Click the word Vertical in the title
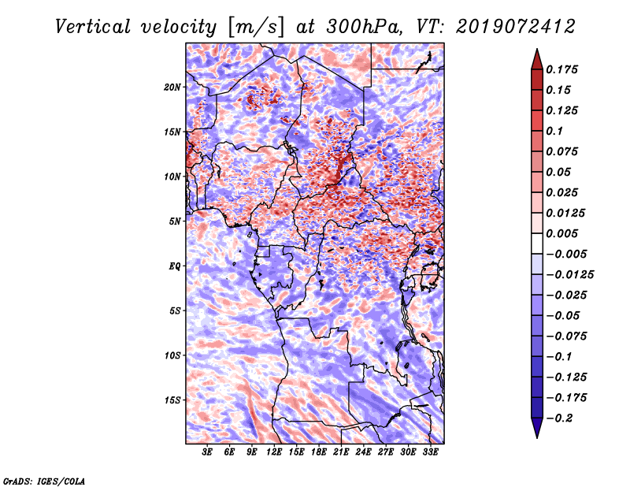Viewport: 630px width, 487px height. coord(93,27)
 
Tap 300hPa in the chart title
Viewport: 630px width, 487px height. coord(362,27)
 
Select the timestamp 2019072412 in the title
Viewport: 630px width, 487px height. coord(515,27)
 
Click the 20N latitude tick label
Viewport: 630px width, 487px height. coord(172,87)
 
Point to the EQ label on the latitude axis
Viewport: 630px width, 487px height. coord(175,266)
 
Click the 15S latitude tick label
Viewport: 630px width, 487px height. coord(172,400)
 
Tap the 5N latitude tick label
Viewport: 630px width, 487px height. coord(175,221)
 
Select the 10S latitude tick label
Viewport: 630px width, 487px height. coord(172,355)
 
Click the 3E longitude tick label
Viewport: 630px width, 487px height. coord(207,452)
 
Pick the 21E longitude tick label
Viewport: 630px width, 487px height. coord(341,452)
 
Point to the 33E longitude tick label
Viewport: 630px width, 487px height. coord(430,452)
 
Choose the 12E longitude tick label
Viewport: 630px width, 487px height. coord(273,452)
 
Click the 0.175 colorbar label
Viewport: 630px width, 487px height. coord(561,69)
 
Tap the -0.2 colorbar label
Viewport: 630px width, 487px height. coord(559,418)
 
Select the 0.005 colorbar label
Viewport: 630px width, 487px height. coord(561,233)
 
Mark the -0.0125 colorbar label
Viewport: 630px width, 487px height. coord(569,275)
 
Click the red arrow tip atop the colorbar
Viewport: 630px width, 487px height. coord(537,50)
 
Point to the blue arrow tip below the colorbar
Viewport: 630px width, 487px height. coord(537,437)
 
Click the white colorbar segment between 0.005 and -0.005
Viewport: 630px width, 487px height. coord(537,243)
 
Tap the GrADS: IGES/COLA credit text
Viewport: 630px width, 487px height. coord(44,481)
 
